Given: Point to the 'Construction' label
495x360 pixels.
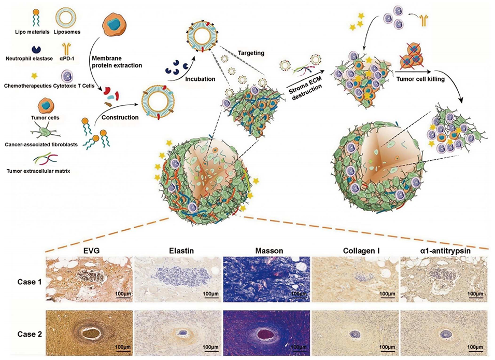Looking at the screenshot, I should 120,117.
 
